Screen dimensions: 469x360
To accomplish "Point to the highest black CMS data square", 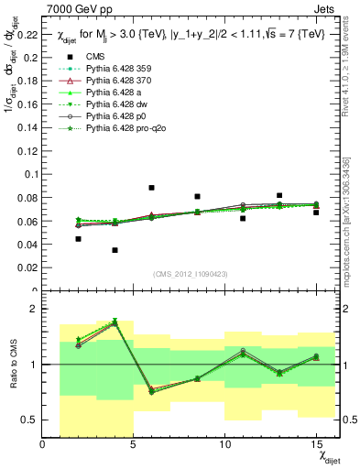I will [x=151, y=188].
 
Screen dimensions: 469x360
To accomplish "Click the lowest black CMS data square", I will [x=115, y=250].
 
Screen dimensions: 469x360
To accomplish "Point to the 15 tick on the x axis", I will [x=315, y=445].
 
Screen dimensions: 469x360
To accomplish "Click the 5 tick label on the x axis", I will [x=134, y=445].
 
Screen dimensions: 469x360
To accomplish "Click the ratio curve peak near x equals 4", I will [x=115, y=322].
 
